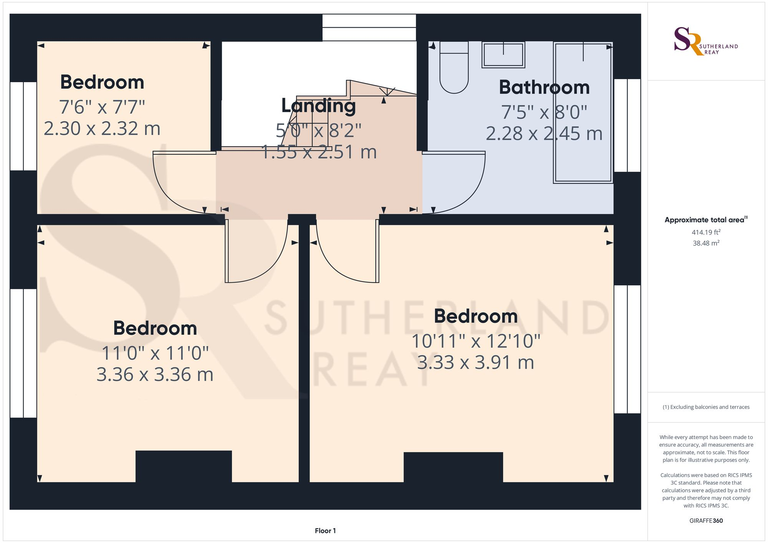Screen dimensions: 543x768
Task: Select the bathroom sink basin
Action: point(503,55)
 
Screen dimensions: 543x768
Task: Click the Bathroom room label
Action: point(544,88)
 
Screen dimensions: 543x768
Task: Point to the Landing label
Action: point(318,106)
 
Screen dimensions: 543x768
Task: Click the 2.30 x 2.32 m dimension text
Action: point(102,129)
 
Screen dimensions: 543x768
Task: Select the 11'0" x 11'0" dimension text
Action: point(155,353)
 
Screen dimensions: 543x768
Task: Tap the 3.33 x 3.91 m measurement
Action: point(475,363)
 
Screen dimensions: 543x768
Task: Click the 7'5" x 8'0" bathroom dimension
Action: point(544,113)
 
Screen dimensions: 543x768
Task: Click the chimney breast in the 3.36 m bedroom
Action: point(184,466)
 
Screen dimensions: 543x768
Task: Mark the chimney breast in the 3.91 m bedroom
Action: point(453,467)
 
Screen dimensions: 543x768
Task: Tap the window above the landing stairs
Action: point(369,27)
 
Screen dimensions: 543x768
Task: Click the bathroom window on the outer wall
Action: point(627,125)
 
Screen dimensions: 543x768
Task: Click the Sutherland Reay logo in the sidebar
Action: point(705,41)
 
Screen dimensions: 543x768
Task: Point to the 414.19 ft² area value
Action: point(706,232)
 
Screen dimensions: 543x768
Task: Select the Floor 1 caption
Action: point(325,531)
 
